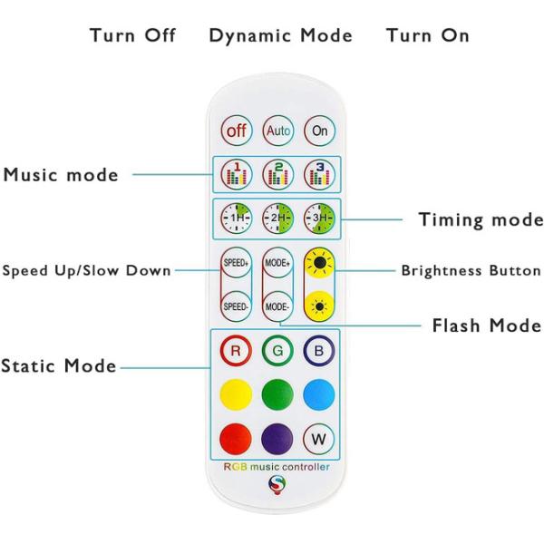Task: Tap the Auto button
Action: point(278,131)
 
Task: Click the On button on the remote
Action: point(319,131)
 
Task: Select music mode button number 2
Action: point(278,174)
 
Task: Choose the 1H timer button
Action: point(237,218)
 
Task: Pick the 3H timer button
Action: point(319,218)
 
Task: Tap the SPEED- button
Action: point(237,306)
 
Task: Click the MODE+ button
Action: point(278,263)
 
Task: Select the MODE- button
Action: point(278,306)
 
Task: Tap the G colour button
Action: point(278,351)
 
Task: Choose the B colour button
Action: point(319,351)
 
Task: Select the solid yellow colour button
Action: point(237,394)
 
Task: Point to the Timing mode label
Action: point(481,219)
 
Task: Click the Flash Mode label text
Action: point(487,325)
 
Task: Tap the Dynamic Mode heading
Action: point(280,36)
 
